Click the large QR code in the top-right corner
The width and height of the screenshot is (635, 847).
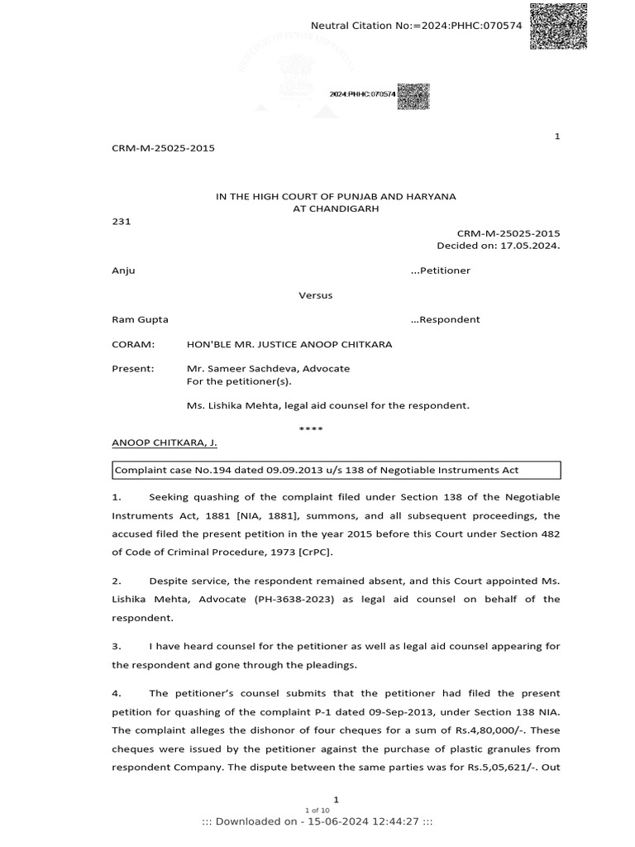(x=558, y=26)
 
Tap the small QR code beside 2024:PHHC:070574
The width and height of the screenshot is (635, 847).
(x=413, y=96)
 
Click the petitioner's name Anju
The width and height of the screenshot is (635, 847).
(x=123, y=270)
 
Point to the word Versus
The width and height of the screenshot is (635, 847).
(x=316, y=295)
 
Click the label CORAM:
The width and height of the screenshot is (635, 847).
(x=133, y=344)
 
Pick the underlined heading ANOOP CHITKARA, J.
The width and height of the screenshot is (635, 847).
(x=165, y=443)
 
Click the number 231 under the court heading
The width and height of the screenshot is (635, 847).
(x=121, y=222)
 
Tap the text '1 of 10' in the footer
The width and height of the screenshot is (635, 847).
(x=317, y=810)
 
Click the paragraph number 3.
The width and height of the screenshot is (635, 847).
(x=117, y=646)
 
